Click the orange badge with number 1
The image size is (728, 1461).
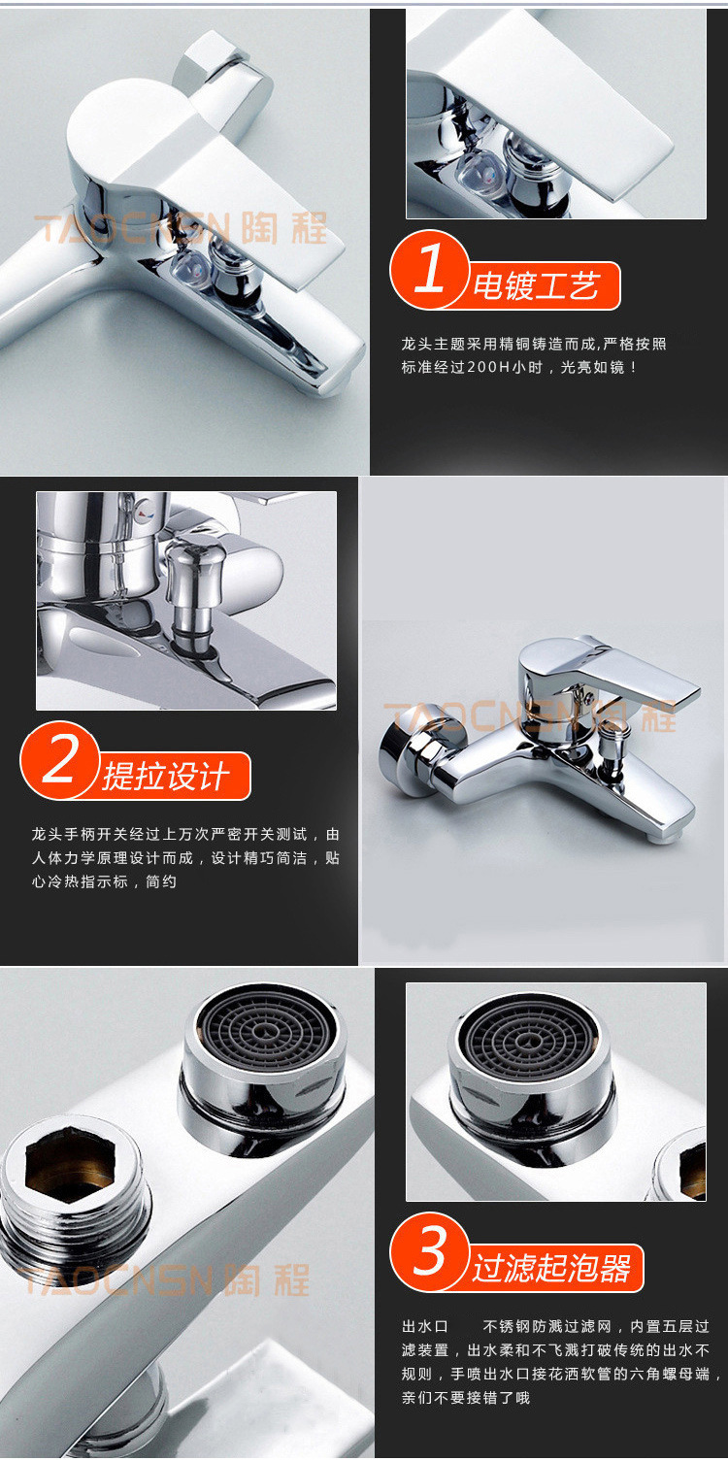click(429, 269)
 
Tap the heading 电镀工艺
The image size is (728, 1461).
click(536, 285)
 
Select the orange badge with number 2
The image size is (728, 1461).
click(59, 759)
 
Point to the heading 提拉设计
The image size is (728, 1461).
click(166, 777)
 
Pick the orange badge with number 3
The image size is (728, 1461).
click(429, 1250)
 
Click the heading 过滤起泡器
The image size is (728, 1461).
click(552, 1267)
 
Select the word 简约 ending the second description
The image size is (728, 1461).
click(161, 881)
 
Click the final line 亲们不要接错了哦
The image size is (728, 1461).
click(466, 1398)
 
